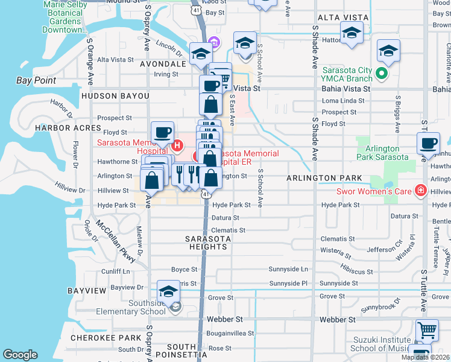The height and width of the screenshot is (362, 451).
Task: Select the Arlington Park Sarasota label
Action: point(382,153)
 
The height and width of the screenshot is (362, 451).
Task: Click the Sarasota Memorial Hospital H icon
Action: point(177,145)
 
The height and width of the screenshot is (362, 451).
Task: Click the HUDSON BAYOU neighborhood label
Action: point(115,96)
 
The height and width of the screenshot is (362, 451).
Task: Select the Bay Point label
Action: point(36,80)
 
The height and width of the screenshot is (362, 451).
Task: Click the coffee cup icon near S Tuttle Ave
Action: point(428,143)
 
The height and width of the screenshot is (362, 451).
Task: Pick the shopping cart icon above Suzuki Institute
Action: point(427,330)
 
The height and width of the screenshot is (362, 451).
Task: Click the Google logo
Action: point(20,355)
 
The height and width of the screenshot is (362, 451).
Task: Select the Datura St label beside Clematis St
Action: point(227,218)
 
